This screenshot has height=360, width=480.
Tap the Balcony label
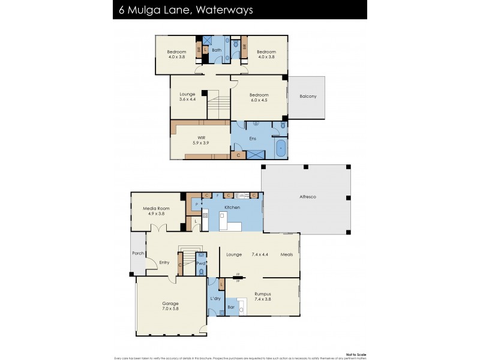[x=308, y=97]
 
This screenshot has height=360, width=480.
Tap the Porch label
[x=138, y=253]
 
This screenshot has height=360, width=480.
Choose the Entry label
[x=164, y=262]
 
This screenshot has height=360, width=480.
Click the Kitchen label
[x=232, y=207]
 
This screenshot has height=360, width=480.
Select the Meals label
[x=286, y=254]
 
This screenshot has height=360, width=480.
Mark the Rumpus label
[x=262, y=293]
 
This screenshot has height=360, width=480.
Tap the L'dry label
[x=216, y=298]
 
